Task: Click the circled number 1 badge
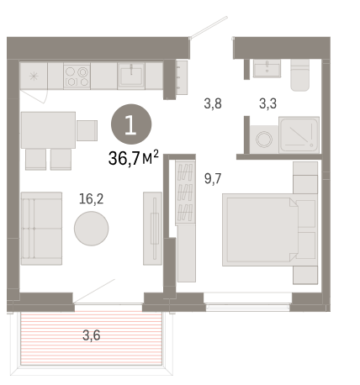click(x=131, y=124)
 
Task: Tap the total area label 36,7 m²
click(x=134, y=158)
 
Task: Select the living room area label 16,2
click(x=92, y=199)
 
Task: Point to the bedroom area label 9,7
click(x=213, y=178)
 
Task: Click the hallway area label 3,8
click(x=213, y=103)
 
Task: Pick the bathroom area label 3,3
click(x=267, y=103)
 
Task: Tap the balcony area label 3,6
click(x=92, y=335)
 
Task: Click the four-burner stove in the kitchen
click(x=77, y=76)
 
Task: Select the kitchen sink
click(x=131, y=76)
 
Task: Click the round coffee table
click(x=92, y=229)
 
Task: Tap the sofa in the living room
click(x=41, y=229)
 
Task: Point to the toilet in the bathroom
click(x=300, y=75)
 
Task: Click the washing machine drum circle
click(x=264, y=139)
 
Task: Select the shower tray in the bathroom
click(x=299, y=135)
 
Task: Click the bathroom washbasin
click(x=267, y=68)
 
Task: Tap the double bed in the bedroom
click(x=260, y=229)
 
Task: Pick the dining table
click(x=48, y=130)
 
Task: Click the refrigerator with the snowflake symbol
click(x=34, y=76)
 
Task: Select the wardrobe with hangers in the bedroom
click(x=185, y=192)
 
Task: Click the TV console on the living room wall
click(x=153, y=229)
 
